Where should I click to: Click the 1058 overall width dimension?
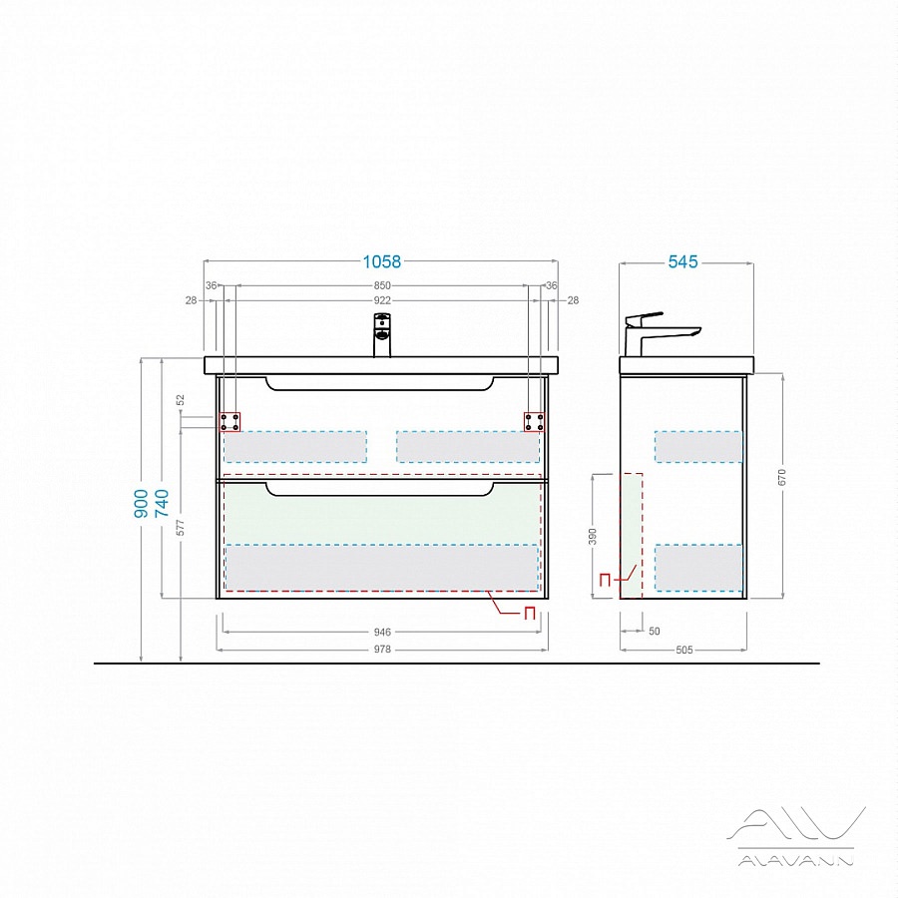tap(382, 261)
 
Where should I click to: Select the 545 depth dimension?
tap(683, 261)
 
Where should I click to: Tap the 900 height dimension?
tap(142, 504)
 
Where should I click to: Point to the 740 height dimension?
tap(163, 504)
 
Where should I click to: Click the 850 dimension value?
tap(382, 285)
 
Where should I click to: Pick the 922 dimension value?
tap(382, 300)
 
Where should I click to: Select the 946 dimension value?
tap(382, 632)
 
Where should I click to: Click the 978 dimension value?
tap(382, 649)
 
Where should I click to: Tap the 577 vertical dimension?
tap(181, 528)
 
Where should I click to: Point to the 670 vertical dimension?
tap(782, 477)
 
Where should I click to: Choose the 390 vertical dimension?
tap(593, 536)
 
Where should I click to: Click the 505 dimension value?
tap(684, 650)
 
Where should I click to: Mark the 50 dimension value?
tap(654, 632)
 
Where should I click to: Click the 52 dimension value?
tap(181, 400)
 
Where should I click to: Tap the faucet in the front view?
tap(382, 335)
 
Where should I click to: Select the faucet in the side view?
tap(660, 334)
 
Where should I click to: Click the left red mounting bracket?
tap(230, 422)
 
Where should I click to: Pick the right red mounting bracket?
tap(534, 422)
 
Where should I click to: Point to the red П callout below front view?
tap(529, 614)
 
